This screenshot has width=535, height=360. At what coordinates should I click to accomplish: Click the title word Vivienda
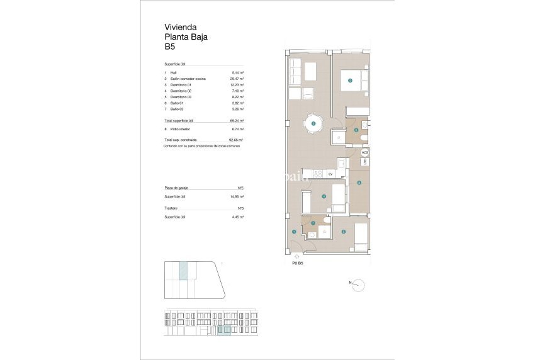point(181,27)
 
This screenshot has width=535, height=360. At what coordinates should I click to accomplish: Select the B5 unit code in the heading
point(170,47)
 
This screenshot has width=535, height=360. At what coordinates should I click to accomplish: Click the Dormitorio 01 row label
point(179,84)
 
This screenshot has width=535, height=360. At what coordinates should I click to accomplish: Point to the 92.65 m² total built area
point(236,140)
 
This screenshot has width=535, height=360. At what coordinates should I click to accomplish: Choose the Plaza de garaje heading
point(176,188)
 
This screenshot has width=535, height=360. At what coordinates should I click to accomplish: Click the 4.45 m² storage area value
point(237,217)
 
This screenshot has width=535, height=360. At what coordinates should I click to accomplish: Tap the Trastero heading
point(171,208)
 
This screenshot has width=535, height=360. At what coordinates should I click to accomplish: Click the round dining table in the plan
point(313,123)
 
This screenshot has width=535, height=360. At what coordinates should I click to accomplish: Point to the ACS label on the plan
point(364,152)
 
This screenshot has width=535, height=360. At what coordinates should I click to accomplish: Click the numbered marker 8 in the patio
point(359,183)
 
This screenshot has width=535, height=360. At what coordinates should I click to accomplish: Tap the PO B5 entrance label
point(298,263)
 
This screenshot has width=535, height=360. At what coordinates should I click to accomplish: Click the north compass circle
point(358,284)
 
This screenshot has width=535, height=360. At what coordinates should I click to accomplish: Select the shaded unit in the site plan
point(183,271)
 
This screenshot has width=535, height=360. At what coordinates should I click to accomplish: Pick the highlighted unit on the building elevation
point(223,330)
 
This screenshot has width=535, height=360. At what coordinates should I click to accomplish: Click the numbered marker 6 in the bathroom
point(356,130)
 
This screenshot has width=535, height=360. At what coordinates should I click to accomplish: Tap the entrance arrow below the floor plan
point(296,257)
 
